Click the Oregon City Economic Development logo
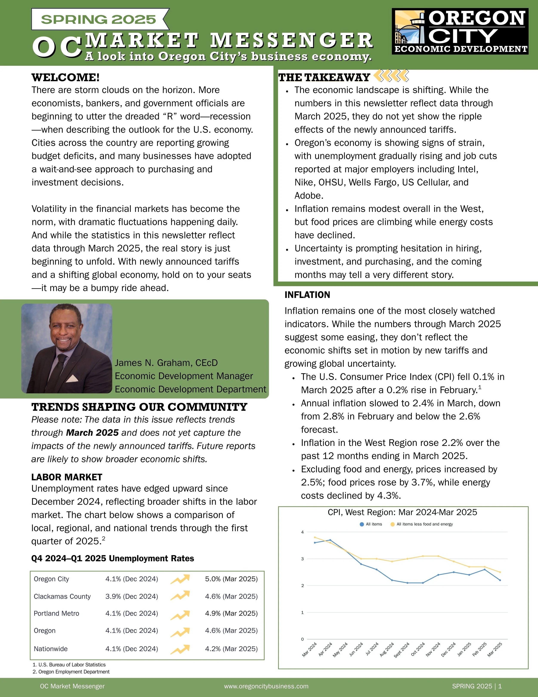click(x=460, y=31)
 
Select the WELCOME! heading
click(x=65, y=77)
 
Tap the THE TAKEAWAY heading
click(x=324, y=77)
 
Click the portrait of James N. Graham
click(x=67, y=348)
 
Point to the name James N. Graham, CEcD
click(x=166, y=363)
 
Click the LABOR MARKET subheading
click(x=67, y=477)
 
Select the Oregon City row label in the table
click(x=51, y=579)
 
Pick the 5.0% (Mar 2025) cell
click(x=231, y=579)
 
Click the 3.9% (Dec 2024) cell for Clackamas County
click(x=132, y=596)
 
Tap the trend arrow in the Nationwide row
click(x=180, y=649)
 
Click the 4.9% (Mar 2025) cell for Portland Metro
click(x=231, y=613)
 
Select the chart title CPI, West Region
click(x=402, y=512)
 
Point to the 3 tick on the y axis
click(x=302, y=559)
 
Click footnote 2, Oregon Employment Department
click(x=71, y=672)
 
